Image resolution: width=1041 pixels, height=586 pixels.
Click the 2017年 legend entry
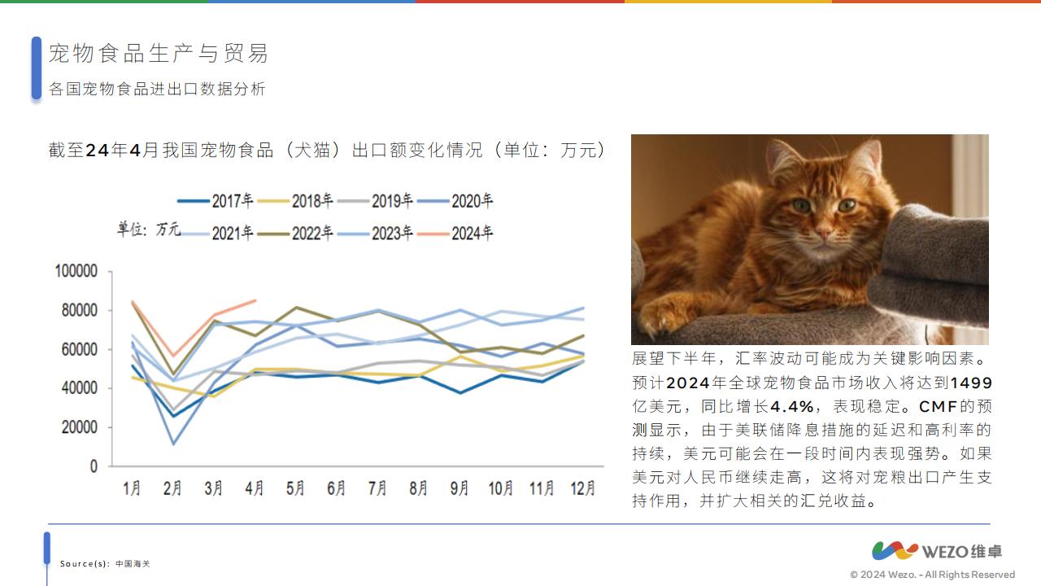click(x=216, y=201)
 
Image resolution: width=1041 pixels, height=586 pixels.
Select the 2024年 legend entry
click(x=455, y=233)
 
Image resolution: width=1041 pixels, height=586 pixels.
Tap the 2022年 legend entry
click(x=295, y=233)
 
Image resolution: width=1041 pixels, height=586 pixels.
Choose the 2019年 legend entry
click(x=375, y=201)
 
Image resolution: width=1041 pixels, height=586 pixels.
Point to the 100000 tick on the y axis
click(x=76, y=271)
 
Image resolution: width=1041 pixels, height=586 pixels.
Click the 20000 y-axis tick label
click(x=80, y=427)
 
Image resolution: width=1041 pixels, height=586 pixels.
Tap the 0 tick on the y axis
click(x=94, y=466)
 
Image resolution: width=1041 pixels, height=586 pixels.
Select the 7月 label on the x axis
click(x=377, y=488)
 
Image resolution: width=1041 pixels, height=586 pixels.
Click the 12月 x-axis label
click(x=583, y=488)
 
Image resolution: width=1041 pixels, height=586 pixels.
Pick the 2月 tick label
click(x=172, y=488)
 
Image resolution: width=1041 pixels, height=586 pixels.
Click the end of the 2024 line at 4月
click(x=255, y=300)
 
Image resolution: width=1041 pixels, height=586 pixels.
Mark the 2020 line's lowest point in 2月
click(x=174, y=444)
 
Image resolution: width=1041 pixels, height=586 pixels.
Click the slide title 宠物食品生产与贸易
click(x=159, y=53)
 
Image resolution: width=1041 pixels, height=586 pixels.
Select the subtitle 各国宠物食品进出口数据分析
click(x=157, y=89)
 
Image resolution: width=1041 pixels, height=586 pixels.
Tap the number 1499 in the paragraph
click(x=971, y=383)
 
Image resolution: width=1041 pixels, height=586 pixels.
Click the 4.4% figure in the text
click(x=792, y=406)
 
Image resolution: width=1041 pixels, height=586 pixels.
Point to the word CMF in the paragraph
click(x=939, y=406)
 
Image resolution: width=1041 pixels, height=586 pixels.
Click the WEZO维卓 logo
click(x=937, y=551)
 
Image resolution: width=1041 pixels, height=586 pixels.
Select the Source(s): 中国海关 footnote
click(x=105, y=564)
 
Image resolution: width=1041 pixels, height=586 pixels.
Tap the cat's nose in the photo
click(x=823, y=231)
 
